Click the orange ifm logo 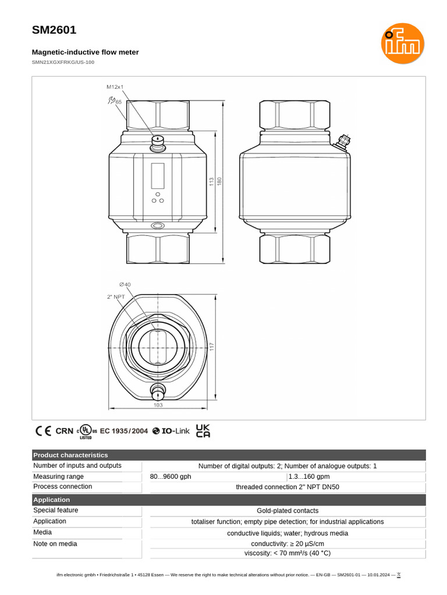coord(403,44)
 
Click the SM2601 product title coord(54,30)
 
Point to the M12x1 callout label coord(115,87)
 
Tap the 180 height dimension coord(219,181)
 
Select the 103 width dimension coord(158,405)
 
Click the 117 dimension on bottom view coord(212,346)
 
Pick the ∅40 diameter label coord(125,284)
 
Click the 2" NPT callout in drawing coord(116,296)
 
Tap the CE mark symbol coord(43,431)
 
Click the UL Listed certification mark coord(86,431)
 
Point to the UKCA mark coord(203,431)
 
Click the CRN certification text coord(65,431)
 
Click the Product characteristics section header coord(70,455)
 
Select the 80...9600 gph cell coord(171,476)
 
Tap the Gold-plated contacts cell coord(288,511)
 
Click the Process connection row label coord(63,486)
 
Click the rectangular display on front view coord(158,175)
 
